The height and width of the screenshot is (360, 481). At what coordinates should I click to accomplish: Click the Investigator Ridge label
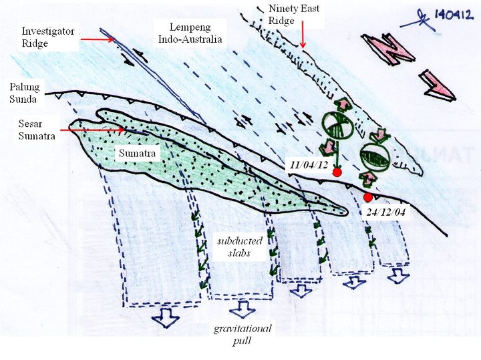coord(49,37)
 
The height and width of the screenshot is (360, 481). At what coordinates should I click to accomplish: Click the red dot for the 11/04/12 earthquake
coord(337,172)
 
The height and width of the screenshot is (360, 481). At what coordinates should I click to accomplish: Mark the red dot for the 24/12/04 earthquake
coord(368,197)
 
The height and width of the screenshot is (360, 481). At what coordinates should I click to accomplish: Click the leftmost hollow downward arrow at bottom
coord(164,319)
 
